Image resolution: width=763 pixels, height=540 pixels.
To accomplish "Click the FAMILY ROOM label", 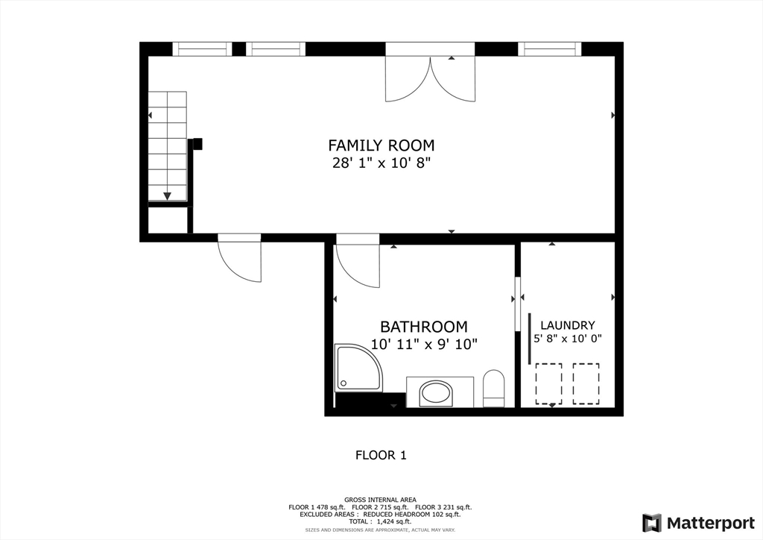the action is [x=381, y=145].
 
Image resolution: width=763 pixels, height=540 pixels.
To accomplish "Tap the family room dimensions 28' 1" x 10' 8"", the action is [x=381, y=163].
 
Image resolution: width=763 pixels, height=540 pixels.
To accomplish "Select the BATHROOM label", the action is [x=423, y=326].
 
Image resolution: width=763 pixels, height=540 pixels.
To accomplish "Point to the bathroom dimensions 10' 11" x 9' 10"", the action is [x=424, y=345].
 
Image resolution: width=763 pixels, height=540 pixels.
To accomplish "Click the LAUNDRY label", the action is [x=567, y=325].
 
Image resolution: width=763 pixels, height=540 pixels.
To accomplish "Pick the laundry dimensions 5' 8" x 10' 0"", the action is [x=567, y=339].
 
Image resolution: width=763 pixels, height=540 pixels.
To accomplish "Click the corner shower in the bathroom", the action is [x=358, y=368].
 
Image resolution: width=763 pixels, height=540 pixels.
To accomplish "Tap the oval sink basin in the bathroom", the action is [x=436, y=393].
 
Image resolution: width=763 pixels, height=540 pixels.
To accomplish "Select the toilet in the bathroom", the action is [x=493, y=389].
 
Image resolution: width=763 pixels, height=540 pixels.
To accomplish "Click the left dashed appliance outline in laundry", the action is [x=549, y=383].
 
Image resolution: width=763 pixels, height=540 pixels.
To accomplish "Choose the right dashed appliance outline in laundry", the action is [x=586, y=383].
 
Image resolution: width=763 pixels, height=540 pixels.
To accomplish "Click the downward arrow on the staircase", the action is [x=167, y=195].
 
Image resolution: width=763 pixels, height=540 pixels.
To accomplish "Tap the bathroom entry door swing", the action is [x=358, y=266].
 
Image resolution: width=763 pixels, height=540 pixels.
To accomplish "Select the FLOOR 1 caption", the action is [x=381, y=455].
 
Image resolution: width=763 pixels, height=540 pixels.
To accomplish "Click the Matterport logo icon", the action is [x=652, y=523].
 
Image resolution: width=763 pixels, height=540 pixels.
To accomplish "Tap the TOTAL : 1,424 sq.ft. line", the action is [x=379, y=521].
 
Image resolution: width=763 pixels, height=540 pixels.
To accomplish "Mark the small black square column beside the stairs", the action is [x=197, y=144].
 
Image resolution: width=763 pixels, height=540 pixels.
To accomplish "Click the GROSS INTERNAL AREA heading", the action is [x=380, y=500].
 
